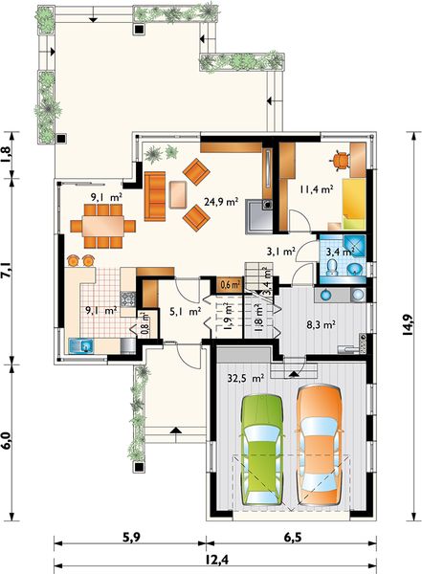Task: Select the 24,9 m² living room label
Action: (x=221, y=202)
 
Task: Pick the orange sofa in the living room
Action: (x=156, y=194)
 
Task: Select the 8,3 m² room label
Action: (x=321, y=324)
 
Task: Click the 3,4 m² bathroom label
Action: (x=340, y=253)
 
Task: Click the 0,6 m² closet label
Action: (x=230, y=284)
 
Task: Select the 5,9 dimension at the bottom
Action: (x=131, y=538)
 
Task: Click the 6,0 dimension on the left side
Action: (x=8, y=439)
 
